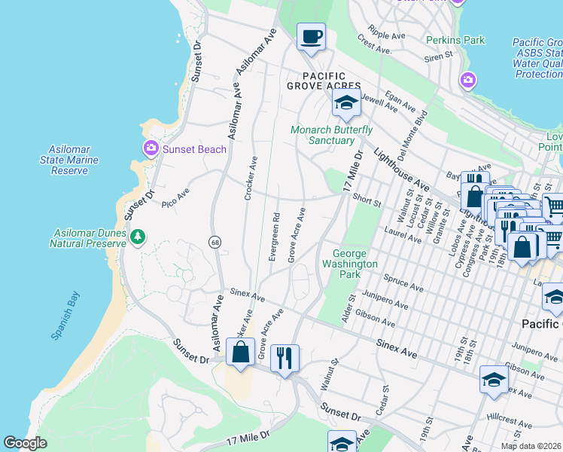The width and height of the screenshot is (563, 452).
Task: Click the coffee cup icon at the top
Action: (x=311, y=36)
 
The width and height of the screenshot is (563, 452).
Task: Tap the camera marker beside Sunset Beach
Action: (x=151, y=148)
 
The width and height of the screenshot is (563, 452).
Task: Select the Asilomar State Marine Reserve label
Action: (x=69, y=160)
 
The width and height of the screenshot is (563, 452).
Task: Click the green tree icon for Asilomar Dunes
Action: (x=137, y=237)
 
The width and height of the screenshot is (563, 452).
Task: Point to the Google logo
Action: (x=25, y=443)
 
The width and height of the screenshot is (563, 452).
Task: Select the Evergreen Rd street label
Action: (x=274, y=236)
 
